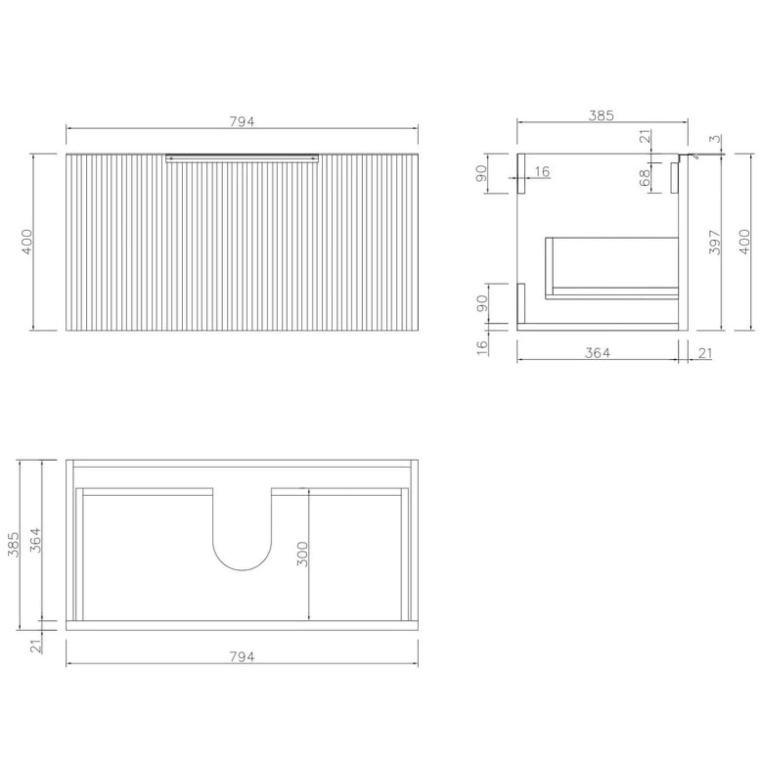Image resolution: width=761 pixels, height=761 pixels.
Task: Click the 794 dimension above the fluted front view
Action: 242,122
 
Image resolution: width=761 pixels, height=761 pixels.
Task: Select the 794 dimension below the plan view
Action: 242,656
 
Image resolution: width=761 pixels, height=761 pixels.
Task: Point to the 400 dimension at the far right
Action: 744,242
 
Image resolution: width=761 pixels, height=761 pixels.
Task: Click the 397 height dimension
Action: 715,242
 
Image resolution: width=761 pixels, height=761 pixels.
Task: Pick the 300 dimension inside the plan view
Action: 302,554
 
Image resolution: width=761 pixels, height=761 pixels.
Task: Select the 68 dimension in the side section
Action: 645,178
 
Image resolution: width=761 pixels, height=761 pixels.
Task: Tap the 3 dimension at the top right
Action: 715,139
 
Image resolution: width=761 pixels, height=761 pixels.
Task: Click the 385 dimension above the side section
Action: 601,116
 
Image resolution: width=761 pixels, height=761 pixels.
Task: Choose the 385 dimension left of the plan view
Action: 14,544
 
